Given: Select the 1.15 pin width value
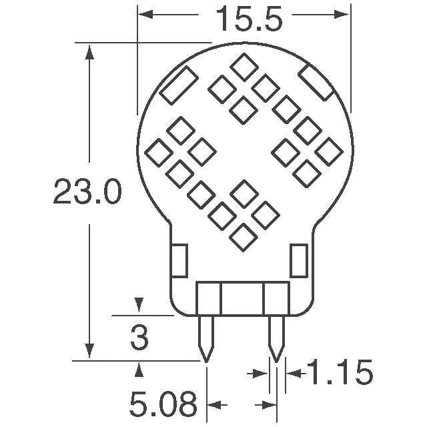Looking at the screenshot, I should point(339,373).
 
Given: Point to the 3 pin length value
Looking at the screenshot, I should point(139,338).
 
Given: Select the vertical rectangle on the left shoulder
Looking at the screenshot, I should point(179,260).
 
